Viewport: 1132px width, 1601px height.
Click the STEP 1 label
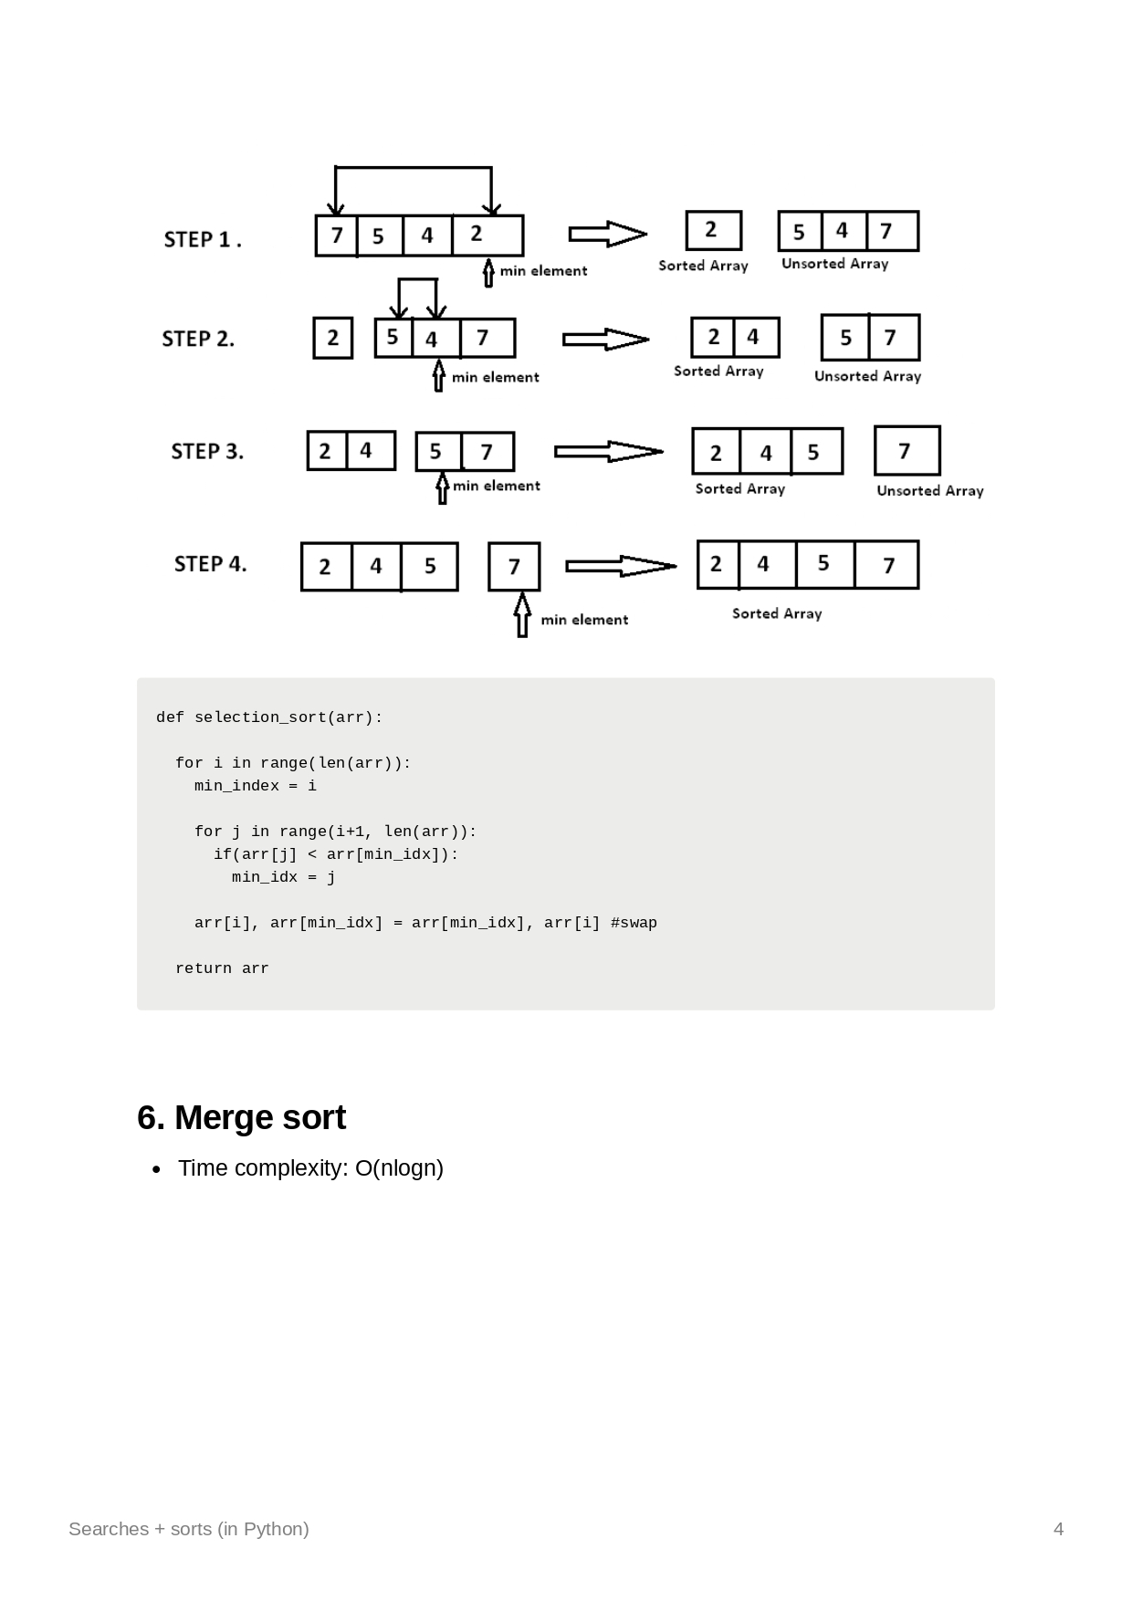point(202,239)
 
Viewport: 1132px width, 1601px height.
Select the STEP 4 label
point(210,564)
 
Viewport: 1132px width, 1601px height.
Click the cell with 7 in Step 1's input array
point(336,235)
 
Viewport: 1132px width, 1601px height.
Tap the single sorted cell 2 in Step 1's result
point(713,230)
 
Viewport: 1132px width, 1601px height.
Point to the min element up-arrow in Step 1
point(488,273)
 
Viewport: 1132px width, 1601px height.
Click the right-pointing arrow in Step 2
point(605,340)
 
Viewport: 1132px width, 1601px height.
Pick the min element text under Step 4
point(584,620)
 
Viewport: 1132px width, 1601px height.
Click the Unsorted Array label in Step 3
point(929,491)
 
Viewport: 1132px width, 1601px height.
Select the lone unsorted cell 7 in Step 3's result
point(907,451)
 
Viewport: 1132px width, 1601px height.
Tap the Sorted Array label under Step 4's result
point(777,613)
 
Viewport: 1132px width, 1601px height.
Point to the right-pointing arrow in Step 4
point(621,566)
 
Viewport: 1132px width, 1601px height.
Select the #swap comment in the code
point(634,923)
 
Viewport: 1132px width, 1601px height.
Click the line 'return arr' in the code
point(222,968)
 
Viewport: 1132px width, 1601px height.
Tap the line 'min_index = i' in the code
point(255,786)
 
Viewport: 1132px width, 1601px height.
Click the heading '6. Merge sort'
point(241,1118)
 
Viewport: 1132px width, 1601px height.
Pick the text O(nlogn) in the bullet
point(399,1168)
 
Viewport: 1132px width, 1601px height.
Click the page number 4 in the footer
point(1058,1529)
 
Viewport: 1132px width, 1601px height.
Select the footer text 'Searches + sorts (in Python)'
point(189,1529)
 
